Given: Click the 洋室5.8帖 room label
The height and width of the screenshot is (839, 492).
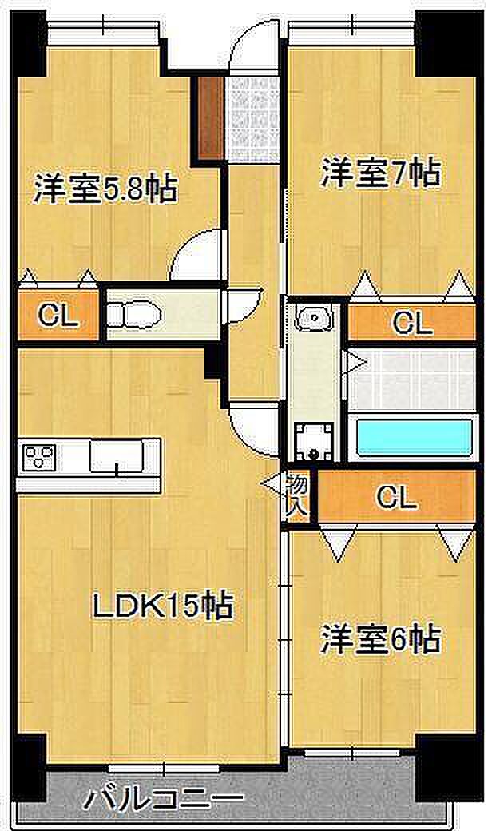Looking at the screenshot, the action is pos(105,189).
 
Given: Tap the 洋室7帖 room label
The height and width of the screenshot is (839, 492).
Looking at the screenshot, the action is pos(380,174).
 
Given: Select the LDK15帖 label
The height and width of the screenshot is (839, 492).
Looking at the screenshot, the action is pos(163,606).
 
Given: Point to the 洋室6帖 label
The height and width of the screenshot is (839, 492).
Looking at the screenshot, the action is pos(380,639).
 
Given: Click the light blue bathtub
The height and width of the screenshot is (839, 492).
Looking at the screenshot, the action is pos(414,438).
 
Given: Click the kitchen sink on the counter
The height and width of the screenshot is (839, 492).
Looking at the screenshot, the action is pos(116,456).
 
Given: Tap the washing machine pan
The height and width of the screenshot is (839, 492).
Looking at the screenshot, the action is pos(314,441).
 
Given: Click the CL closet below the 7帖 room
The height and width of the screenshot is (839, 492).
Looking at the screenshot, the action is pos(412,323).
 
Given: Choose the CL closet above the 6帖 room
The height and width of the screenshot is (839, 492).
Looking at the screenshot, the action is pos(396,497).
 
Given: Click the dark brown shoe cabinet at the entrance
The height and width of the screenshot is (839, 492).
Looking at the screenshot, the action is pos(210,117).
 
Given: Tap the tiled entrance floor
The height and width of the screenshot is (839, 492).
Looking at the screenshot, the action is pos(252,118).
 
